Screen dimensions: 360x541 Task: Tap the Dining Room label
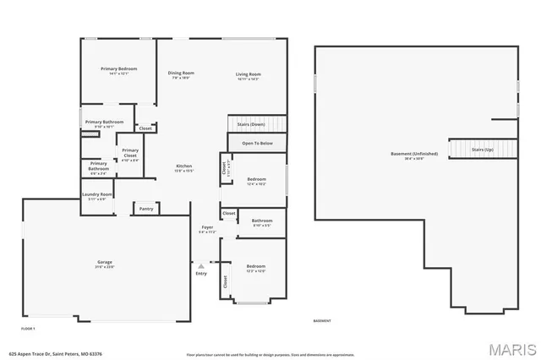pos(181,74)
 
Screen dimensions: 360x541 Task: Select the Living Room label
pos(248,74)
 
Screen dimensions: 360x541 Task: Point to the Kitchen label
pos(184,166)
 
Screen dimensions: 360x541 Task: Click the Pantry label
pos(145,208)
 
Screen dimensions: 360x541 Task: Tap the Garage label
pos(105,263)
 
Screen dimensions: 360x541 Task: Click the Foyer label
pos(207,227)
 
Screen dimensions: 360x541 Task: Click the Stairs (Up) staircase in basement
pos(482,149)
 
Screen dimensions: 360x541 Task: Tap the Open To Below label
pos(257,144)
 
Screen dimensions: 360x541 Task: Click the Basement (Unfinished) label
pos(413,154)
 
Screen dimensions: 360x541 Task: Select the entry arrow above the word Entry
pos(201,265)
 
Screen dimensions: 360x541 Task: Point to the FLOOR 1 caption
pos(28,327)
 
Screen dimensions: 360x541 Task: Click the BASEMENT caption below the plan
pos(322,321)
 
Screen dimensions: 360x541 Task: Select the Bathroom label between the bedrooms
pos(262,221)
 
